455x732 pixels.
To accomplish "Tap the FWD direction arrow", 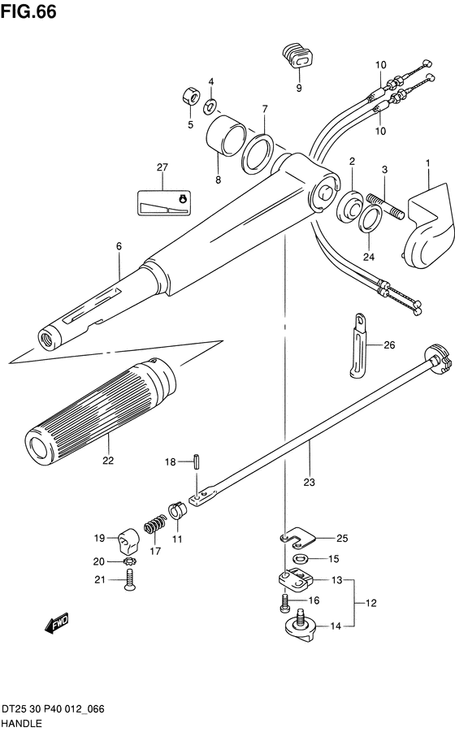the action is [x=56, y=623].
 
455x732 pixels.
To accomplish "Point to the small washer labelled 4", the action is [x=210, y=107].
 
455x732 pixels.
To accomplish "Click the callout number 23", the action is [x=309, y=482].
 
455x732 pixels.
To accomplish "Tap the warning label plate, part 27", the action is [x=163, y=202].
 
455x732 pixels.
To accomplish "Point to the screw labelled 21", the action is [x=129, y=580].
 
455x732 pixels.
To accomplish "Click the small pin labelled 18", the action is [x=197, y=461].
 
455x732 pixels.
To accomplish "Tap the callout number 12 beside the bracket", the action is [x=370, y=603].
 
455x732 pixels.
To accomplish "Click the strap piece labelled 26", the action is [x=359, y=345].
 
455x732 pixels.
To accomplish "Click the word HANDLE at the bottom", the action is [x=22, y=724].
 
